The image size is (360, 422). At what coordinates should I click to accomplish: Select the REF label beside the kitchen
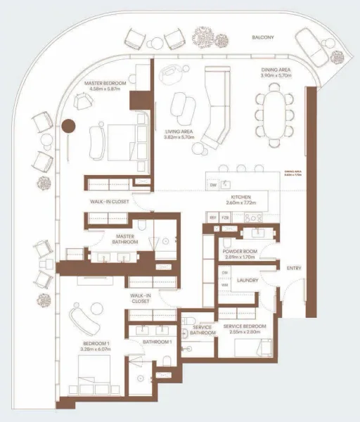pos(213,218)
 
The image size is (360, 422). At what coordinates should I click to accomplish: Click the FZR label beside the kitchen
pos(225,218)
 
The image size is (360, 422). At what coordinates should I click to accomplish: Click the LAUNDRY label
pos(247,280)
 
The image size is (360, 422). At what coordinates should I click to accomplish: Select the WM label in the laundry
pos(224,284)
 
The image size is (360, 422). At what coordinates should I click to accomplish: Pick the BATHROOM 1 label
pos(157,342)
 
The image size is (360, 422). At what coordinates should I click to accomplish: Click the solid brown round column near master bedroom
pos(69,127)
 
